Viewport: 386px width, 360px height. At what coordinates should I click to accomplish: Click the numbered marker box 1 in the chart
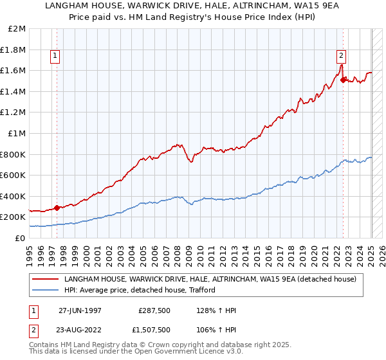(x=55, y=57)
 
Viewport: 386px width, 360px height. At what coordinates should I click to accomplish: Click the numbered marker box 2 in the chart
(x=341, y=57)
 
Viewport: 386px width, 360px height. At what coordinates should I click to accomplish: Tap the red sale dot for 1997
(x=57, y=208)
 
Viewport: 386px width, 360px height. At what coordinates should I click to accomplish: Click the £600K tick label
(x=14, y=175)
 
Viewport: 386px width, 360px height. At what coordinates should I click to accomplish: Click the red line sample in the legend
(x=45, y=279)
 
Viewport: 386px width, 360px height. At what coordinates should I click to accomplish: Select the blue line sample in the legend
(x=45, y=290)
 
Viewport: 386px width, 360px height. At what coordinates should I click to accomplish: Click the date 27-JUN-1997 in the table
(x=80, y=310)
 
